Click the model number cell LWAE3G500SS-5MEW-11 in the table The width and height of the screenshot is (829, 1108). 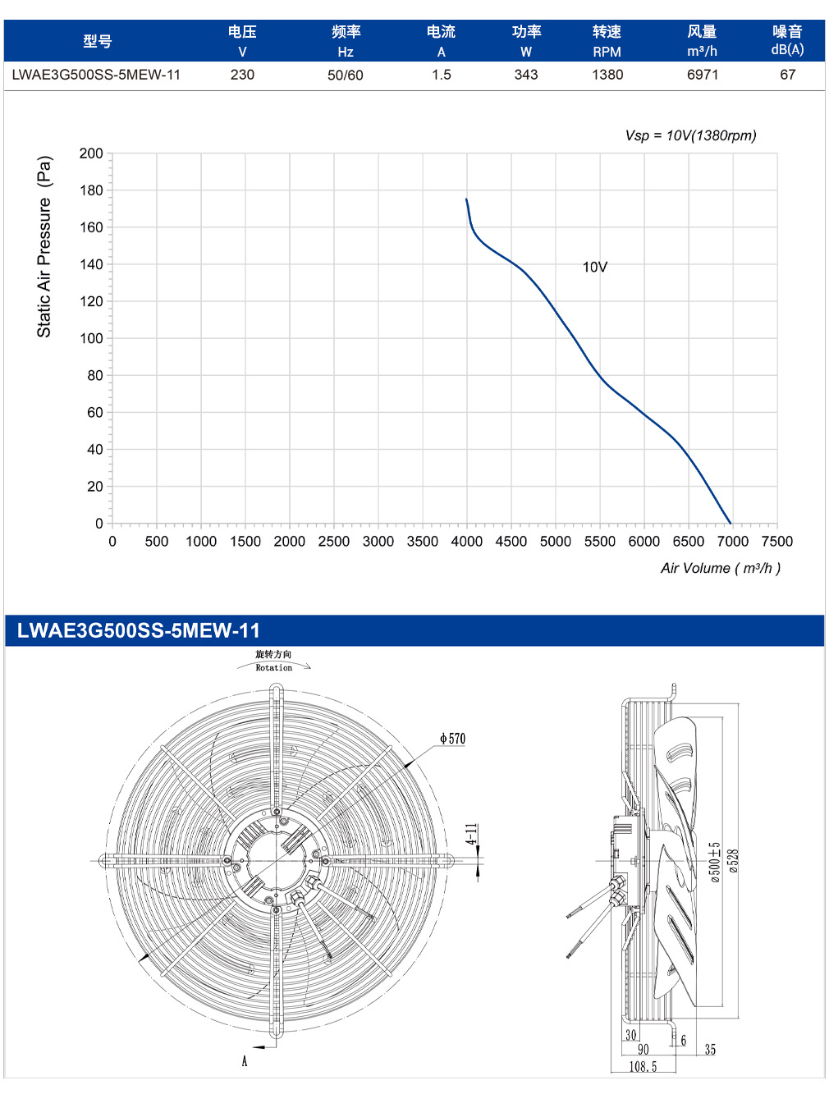click(96, 75)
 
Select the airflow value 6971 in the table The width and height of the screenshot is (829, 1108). click(702, 75)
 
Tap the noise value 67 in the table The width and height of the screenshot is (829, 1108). click(787, 75)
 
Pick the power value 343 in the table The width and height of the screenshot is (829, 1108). click(526, 75)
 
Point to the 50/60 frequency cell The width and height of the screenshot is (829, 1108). click(345, 76)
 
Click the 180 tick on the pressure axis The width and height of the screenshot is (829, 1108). click(91, 190)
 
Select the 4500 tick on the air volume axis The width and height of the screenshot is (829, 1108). click(511, 542)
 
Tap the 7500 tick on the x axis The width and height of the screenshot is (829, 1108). click(777, 542)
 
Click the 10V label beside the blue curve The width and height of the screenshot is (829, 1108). click(595, 267)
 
